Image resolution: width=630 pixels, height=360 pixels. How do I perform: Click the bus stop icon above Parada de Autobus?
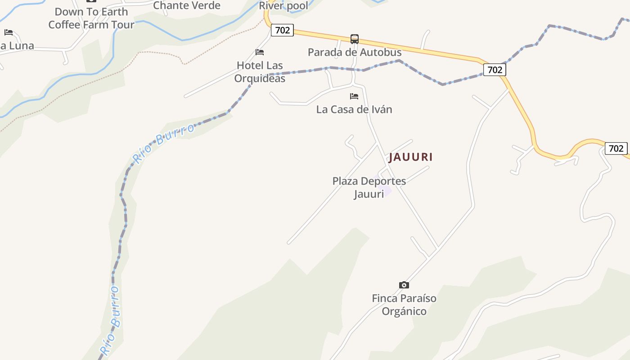pyautogui.click(x=355, y=39)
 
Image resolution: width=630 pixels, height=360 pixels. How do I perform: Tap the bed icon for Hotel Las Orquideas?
pyautogui.click(x=260, y=52)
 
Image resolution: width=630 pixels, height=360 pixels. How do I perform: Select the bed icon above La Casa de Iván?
pyautogui.click(x=354, y=96)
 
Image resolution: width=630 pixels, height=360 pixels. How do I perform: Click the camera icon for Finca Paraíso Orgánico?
pyautogui.click(x=404, y=285)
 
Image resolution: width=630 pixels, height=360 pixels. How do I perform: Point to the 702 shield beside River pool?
pyautogui.click(x=282, y=30)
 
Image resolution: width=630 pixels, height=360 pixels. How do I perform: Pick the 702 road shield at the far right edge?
pyautogui.click(x=616, y=148)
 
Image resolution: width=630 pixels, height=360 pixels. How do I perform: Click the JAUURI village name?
pyautogui.click(x=410, y=157)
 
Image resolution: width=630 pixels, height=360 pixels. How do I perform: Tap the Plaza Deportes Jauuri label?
pyautogui.click(x=369, y=187)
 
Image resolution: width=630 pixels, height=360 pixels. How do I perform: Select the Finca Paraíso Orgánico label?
pyautogui.click(x=404, y=305)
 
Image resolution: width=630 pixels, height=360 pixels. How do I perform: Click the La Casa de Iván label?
pyautogui.click(x=354, y=109)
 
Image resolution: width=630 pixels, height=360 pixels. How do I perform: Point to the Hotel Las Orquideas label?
pyautogui.click(x=260, y=72)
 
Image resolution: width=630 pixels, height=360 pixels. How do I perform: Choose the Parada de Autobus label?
pyautogui.click(x=355, y=52)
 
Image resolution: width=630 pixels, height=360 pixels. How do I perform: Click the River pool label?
pyautogui.click(x=283, y=6)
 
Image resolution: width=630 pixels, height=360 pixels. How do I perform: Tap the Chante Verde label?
pyautogui.click(x=187, y=5)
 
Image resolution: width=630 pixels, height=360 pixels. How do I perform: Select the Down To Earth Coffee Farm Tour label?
pyautogui.click(x=91, y=18)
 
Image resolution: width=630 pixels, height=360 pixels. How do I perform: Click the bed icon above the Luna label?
pyautogui.click(x=9, y=32)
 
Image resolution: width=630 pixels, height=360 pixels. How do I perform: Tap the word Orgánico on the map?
pyautogui.click(x=404, y=311)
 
